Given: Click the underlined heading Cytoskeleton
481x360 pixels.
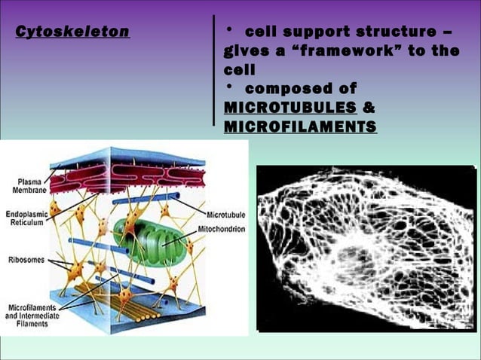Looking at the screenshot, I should click(72, 32).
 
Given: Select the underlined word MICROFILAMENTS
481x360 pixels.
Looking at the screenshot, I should click(300, 126).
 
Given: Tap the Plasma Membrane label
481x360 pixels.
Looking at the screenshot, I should click(29, 186).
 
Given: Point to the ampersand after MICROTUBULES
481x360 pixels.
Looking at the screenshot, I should click(369, 107).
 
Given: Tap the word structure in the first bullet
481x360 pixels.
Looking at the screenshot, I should click(400, 32).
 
